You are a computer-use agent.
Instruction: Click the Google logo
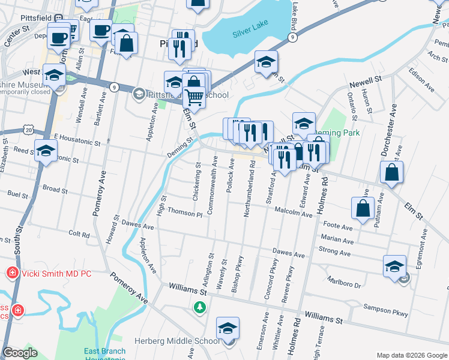20,353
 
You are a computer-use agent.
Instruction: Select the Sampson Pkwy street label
385,310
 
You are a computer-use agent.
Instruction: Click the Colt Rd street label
79,233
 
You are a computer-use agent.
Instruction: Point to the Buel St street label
18,194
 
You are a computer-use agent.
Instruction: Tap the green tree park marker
199,307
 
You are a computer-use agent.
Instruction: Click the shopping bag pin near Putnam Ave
392,172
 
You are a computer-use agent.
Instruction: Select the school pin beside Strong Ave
394,267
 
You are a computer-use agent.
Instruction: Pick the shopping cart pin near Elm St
194,96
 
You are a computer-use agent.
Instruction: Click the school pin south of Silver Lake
266,62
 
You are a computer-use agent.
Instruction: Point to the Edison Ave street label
421,79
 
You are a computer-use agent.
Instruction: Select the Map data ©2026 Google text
412,355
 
